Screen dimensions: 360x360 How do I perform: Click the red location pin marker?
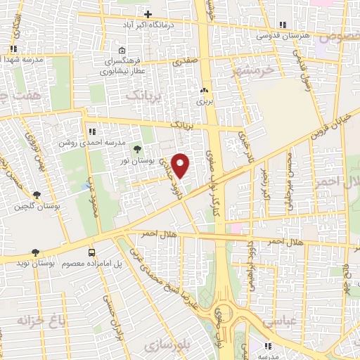point(181,165)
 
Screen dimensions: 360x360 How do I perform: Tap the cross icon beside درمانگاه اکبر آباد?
point(148,14)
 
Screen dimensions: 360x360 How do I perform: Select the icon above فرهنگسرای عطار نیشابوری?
point(122,51)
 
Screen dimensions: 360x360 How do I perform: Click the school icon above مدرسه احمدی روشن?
point(92,131)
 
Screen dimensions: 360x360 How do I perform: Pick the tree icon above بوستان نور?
point(136,148)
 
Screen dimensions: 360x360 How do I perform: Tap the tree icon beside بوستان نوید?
point(35,252)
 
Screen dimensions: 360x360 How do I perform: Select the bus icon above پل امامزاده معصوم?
point(92,252)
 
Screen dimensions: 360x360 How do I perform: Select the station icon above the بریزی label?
point(204,90)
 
